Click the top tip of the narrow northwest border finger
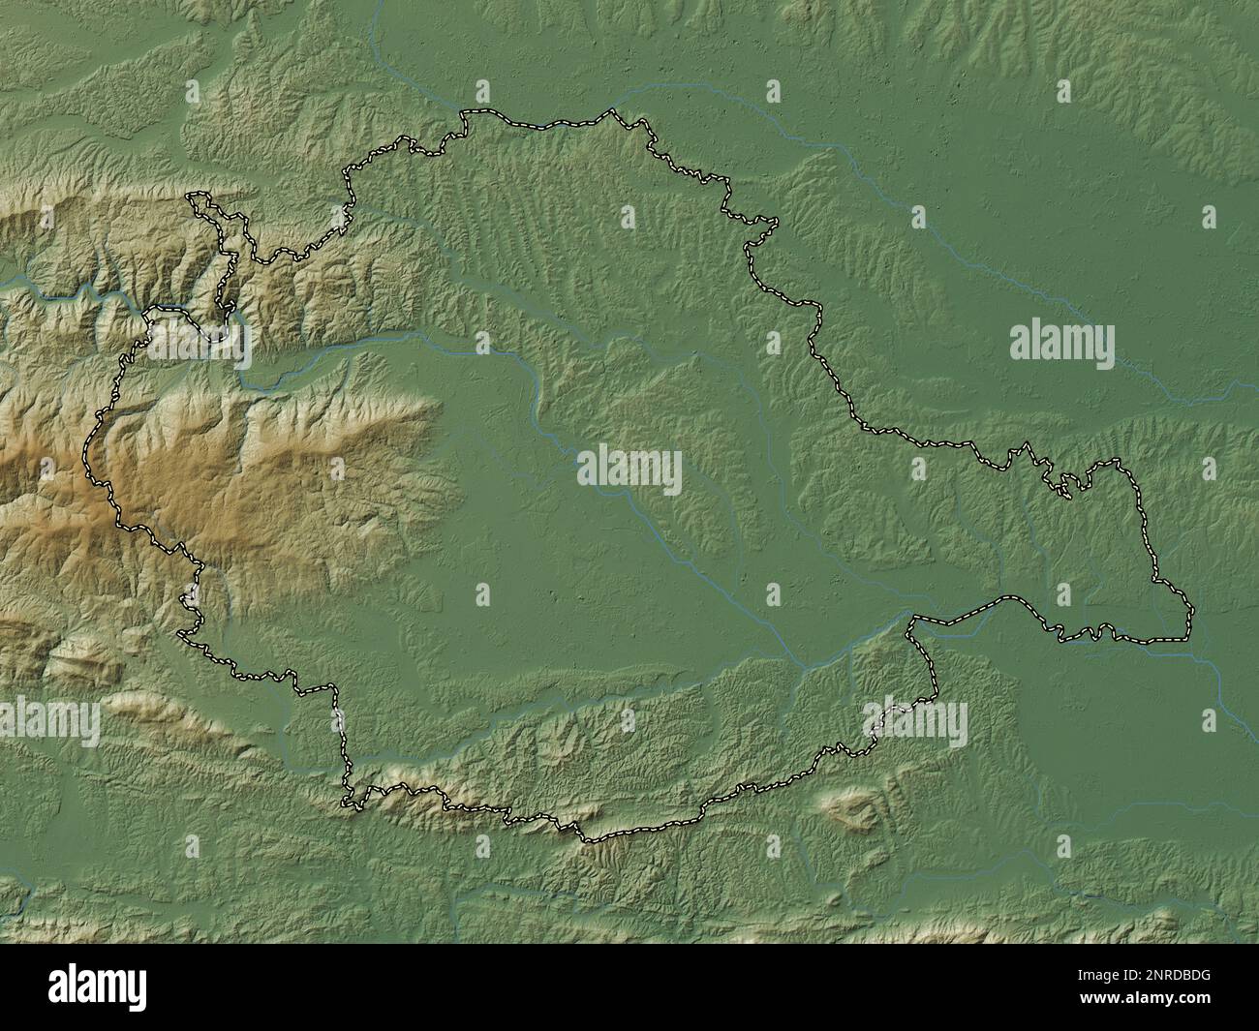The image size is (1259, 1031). pyautogui.click(x=197, y=197)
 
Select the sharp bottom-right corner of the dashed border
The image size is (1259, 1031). pyautogui.click(x=1192, y=612)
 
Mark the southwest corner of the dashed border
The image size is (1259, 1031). pyautogui.click(x=344, y=802)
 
